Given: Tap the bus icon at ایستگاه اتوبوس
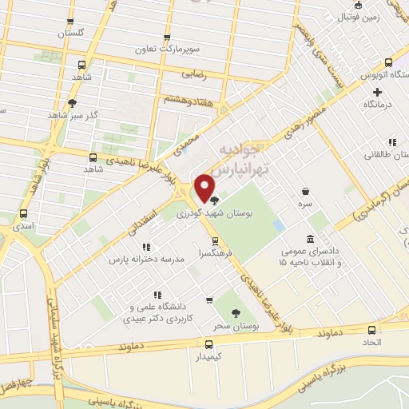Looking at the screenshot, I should click(x=388, y=63).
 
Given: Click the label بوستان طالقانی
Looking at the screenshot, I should click(x=384, y=154).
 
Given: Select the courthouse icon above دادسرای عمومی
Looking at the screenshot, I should click(x=311, y=239).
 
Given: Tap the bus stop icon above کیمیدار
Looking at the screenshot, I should click(x=209, y=345).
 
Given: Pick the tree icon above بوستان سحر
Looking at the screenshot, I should click(x=236, y=313).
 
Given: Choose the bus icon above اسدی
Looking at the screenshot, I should click(x=23, y=213).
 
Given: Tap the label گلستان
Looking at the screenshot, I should click(x=71, y=34).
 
